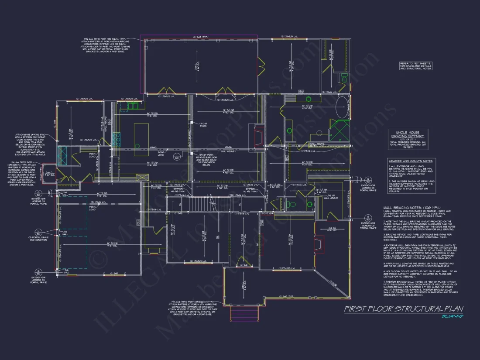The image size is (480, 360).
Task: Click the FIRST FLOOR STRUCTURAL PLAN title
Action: pyautogui.click(x=404, y=309)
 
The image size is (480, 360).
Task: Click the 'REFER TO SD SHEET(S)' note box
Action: pyautogui.click(x=416, y=65)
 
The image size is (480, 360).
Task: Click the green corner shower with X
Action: pyautogui.click(x=339, y=130)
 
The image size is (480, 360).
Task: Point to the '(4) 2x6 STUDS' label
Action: pyautogui.click(x=203, y=124)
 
